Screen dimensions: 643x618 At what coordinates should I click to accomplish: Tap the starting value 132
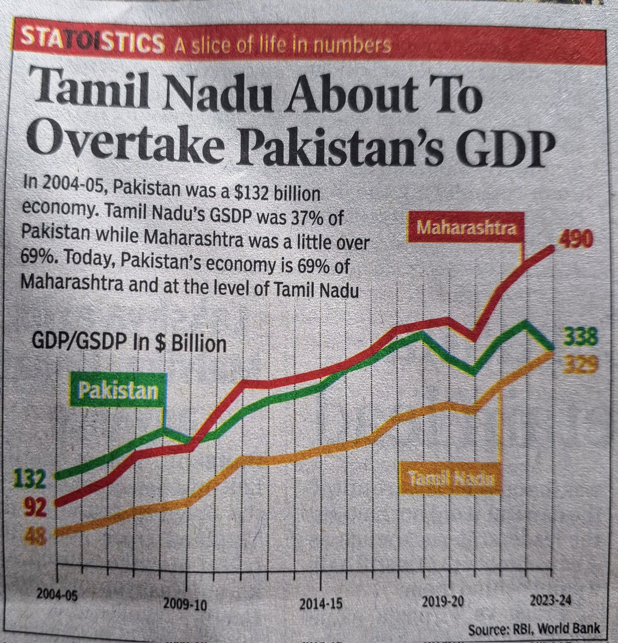[27, 478]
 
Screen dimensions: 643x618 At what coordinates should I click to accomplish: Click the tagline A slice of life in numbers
[281, 46]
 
